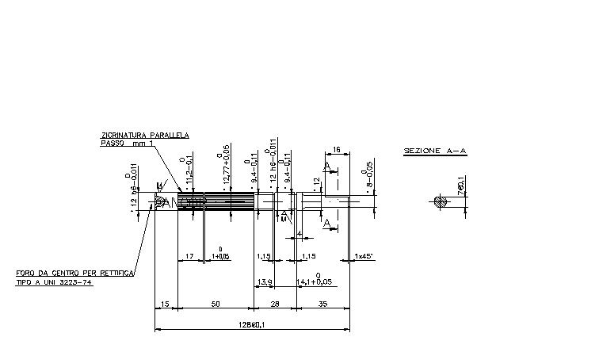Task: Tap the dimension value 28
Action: click(x=274, y=304)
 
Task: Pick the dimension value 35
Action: click(x=322, y=304)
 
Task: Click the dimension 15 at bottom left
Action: click(x=165, y=304)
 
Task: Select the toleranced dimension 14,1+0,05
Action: click(x=315, y=281)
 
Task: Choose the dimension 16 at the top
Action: click(x=336, y=149)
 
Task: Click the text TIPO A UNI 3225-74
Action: click(x=55, y=281)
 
